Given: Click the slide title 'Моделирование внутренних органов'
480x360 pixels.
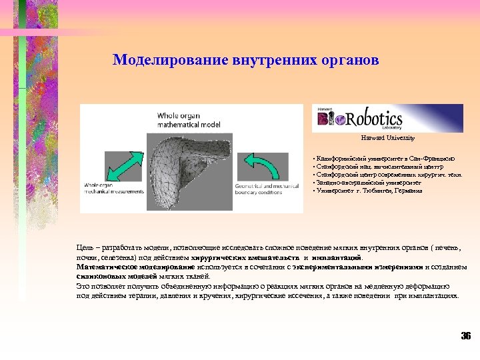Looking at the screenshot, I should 246,60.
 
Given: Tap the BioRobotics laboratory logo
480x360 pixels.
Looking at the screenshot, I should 378,119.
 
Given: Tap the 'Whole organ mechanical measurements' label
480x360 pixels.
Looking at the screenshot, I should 114,188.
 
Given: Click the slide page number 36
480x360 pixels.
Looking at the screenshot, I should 465,335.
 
